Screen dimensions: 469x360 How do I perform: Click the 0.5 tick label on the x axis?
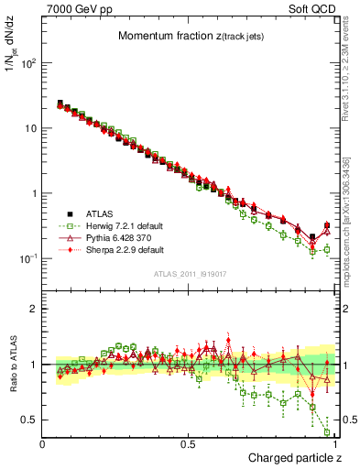point(188,444)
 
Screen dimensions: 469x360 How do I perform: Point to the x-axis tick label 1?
point(334,444)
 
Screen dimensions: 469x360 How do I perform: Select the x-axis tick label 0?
point(43,444)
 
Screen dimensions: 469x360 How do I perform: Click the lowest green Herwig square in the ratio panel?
point(328,432)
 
